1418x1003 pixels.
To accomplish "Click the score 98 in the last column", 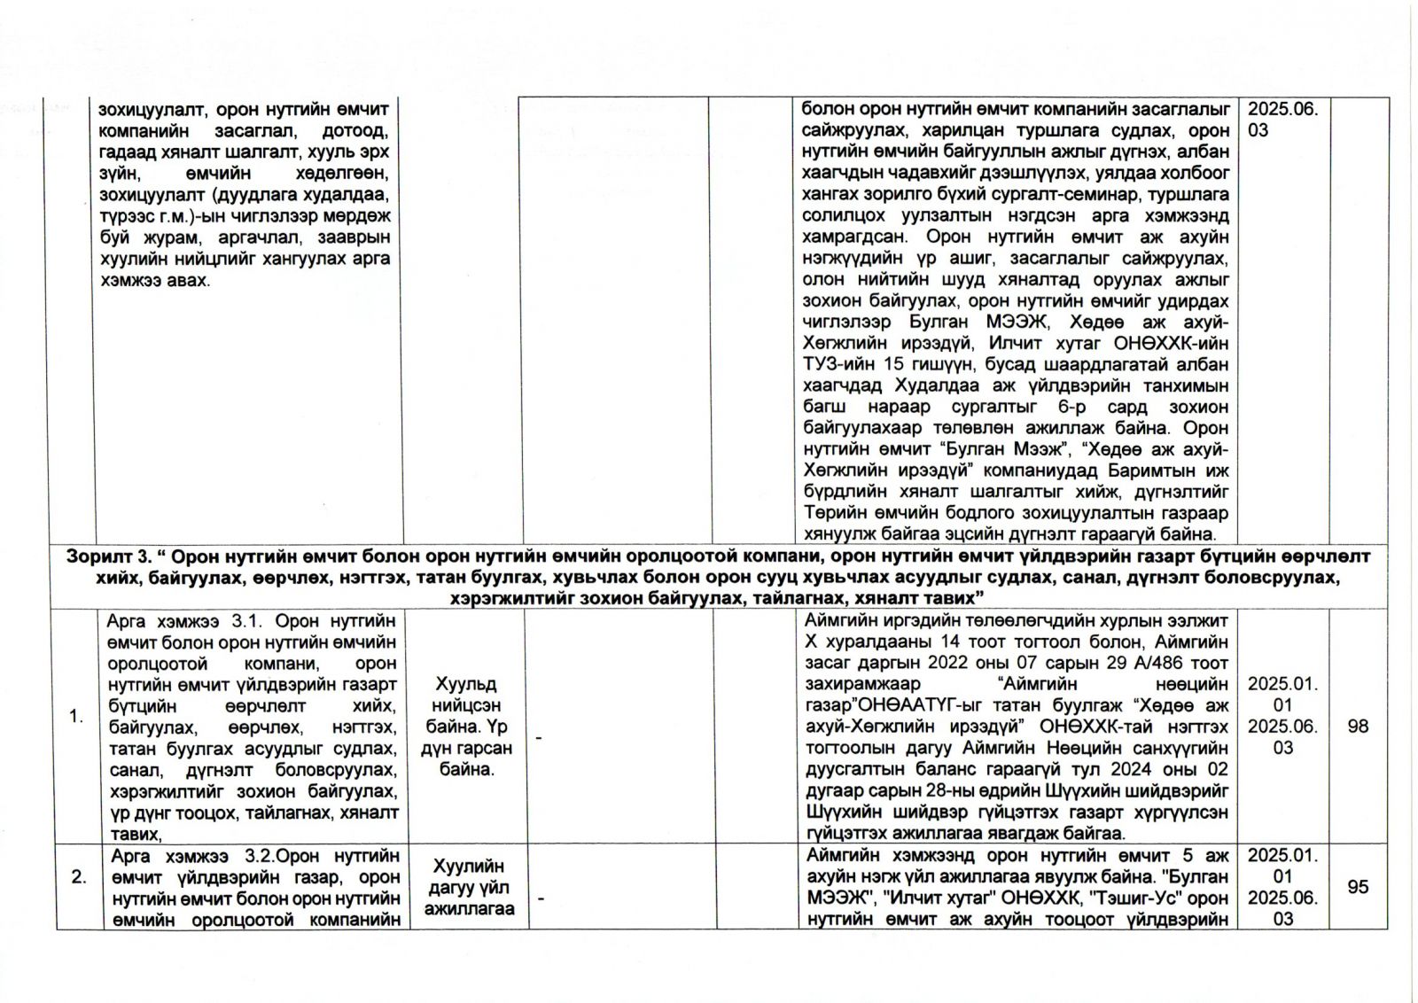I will (x=1358, y=727).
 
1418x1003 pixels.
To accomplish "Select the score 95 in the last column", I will (x=1358, y=886).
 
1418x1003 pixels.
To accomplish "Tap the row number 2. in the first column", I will (x=79, y=877).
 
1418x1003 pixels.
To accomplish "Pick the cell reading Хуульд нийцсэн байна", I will (x=467, y=727).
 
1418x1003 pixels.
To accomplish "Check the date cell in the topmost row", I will (x=1282, y=120).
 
